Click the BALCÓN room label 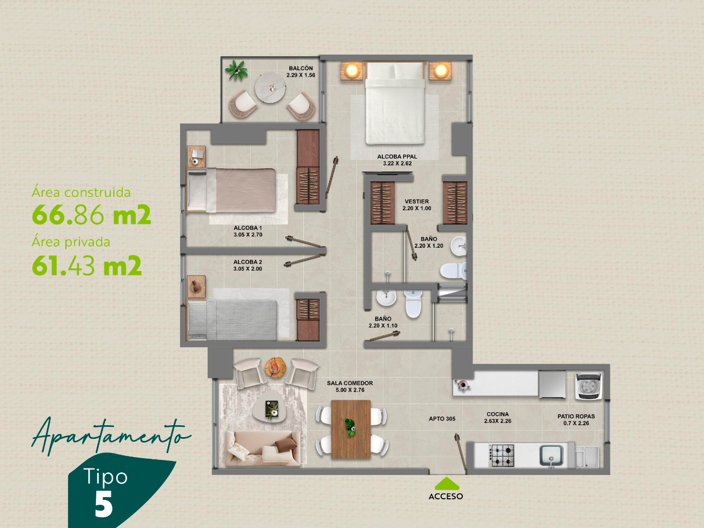(x=301, y=68)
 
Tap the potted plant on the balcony (x=237, y=70)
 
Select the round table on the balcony (x=270, y=88)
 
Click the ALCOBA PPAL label (x=397, y=156)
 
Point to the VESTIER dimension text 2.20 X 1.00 (x=417, y=208)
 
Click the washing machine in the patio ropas (x=588, y=386)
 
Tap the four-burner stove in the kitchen (x=501, y=456)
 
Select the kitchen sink (x=552, y=455)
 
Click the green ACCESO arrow (x=446, y=484)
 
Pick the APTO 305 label (x=442, y=419)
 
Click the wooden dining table (x=351, y=429)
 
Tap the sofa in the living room (x=263, y=448)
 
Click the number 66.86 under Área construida (x=68, y=214)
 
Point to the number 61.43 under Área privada (x=63, y=265)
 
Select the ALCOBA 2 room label (x=248, y=262)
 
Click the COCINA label (x=497, y=414)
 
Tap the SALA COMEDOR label (x=350, y=383)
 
